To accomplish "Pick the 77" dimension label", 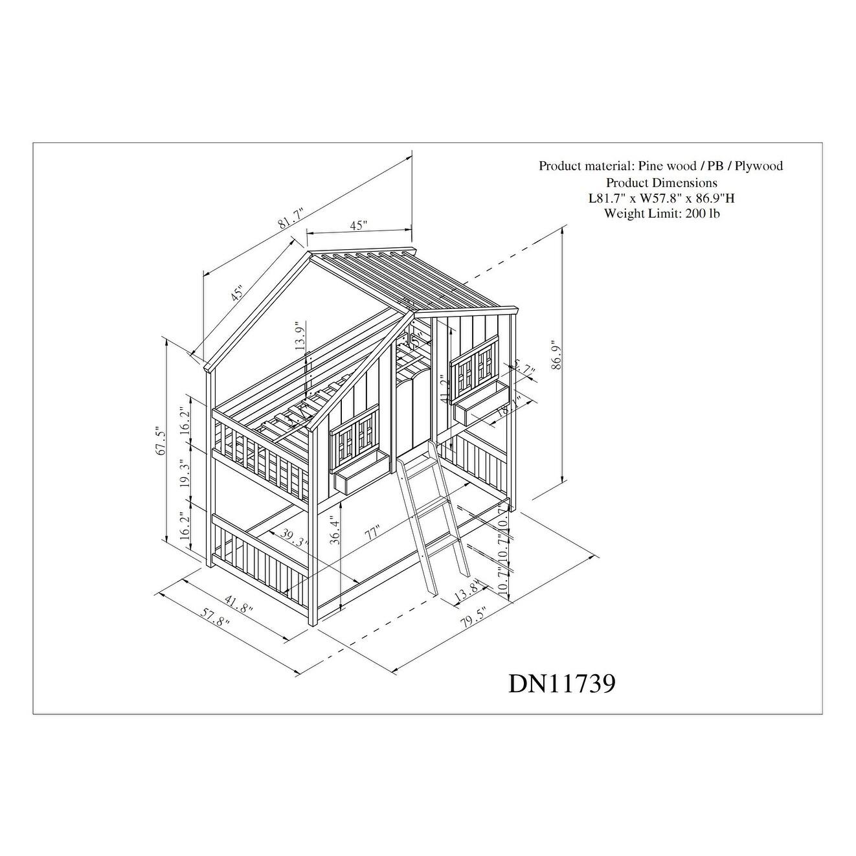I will tap(371, 534).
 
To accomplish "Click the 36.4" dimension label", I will tap(334, 530).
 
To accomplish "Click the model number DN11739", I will tap(561, 683).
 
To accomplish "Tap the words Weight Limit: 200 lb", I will tap(661, 213).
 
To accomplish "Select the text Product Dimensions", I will tap(661, 183).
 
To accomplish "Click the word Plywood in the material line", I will tap(758, 166).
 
